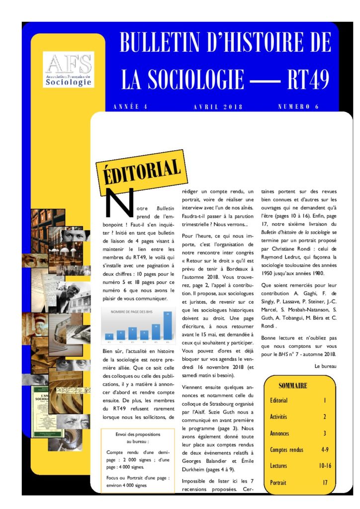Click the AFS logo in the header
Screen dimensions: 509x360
pos(69,69)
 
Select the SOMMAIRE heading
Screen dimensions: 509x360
pos(292,385)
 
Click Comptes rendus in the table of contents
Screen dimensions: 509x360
pos(287,449)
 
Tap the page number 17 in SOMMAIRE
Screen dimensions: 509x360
pos(325,482)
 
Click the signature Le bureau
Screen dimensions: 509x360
pos(326,366)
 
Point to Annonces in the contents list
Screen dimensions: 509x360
pos(279,433)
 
